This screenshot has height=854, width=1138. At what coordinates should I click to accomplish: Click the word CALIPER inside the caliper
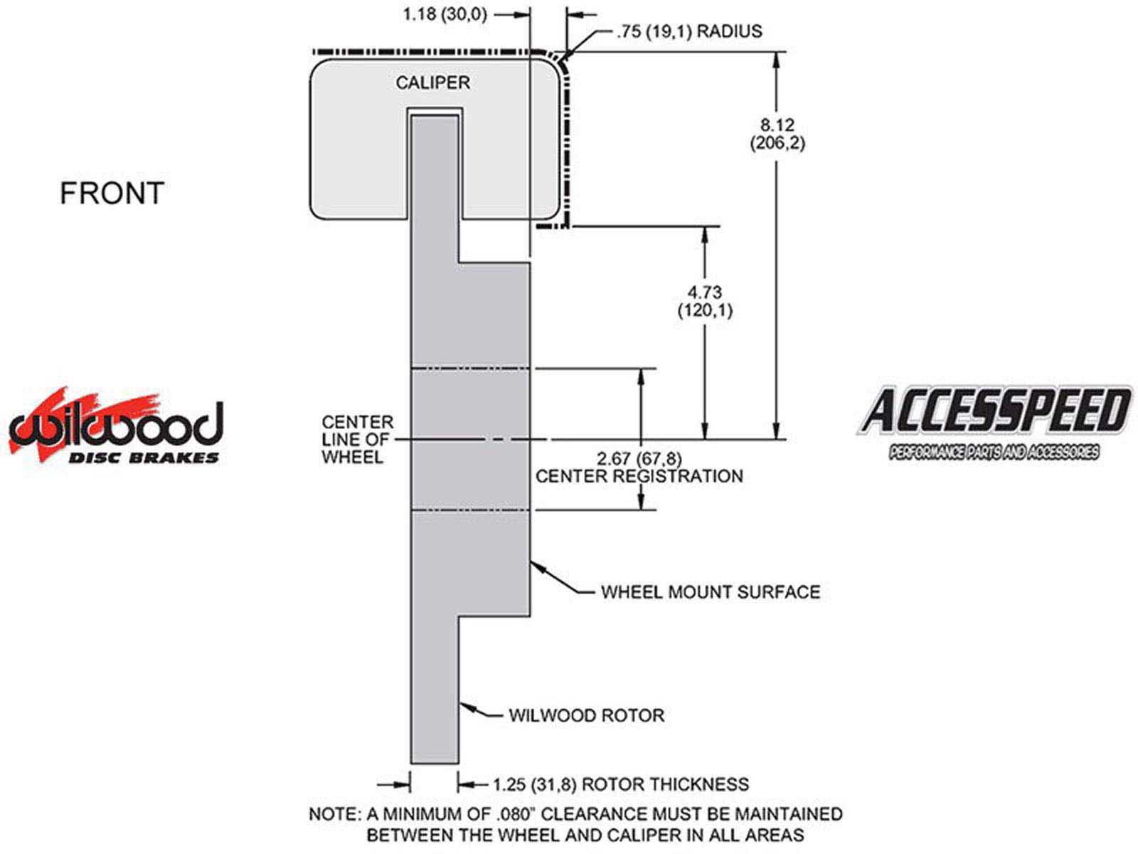432,83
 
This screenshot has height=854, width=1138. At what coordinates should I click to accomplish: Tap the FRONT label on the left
112,194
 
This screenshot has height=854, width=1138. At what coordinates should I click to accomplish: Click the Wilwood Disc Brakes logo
115,427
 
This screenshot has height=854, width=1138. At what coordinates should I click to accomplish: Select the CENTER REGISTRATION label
639,476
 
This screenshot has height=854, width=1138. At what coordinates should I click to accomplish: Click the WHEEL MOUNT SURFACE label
710,592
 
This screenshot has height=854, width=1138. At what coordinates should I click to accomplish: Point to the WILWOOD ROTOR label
586,715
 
